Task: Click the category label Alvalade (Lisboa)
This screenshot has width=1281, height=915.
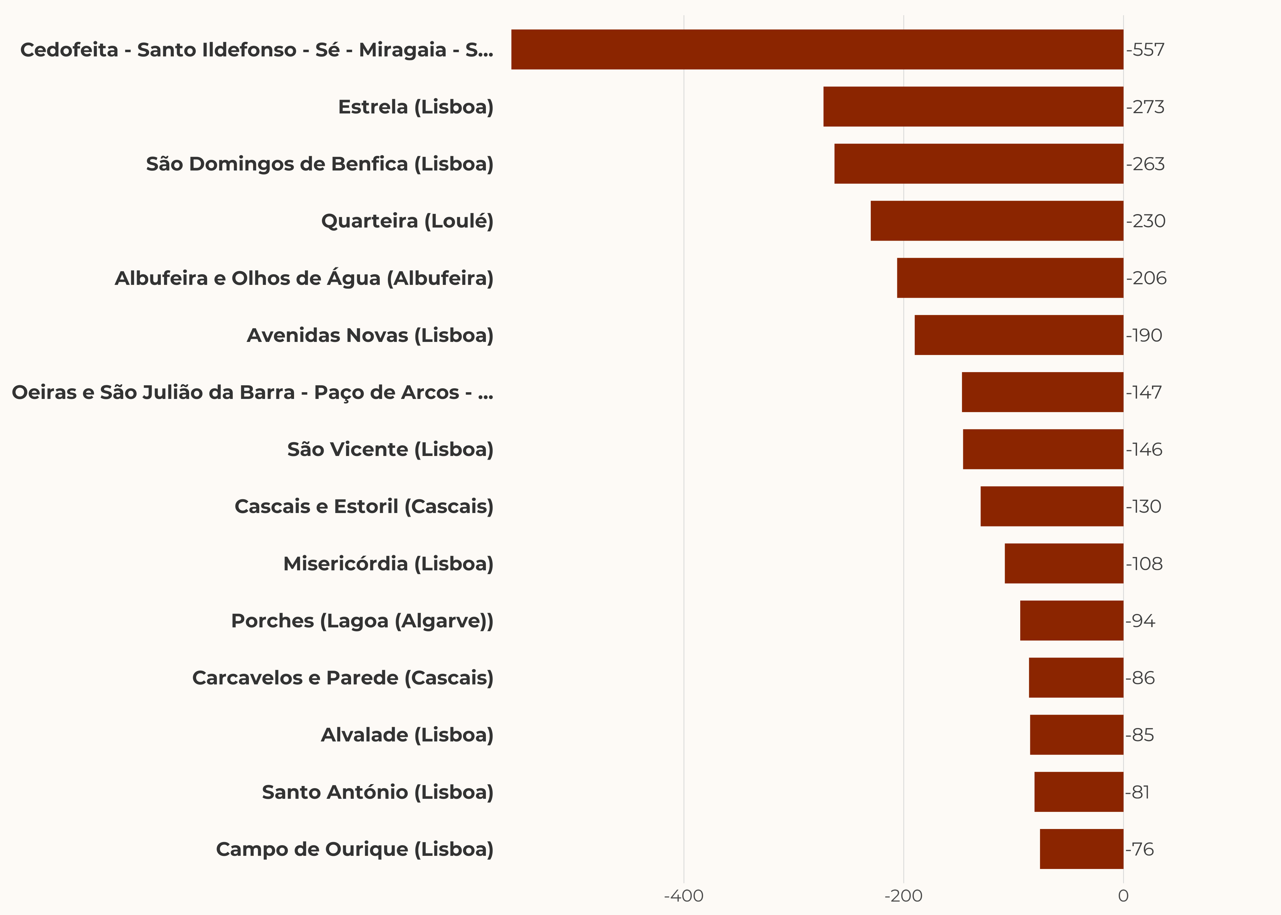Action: pyautogui.click(x=407, y=735)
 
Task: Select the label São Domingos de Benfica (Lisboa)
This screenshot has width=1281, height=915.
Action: pyautogui.click(x=319, y=164)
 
